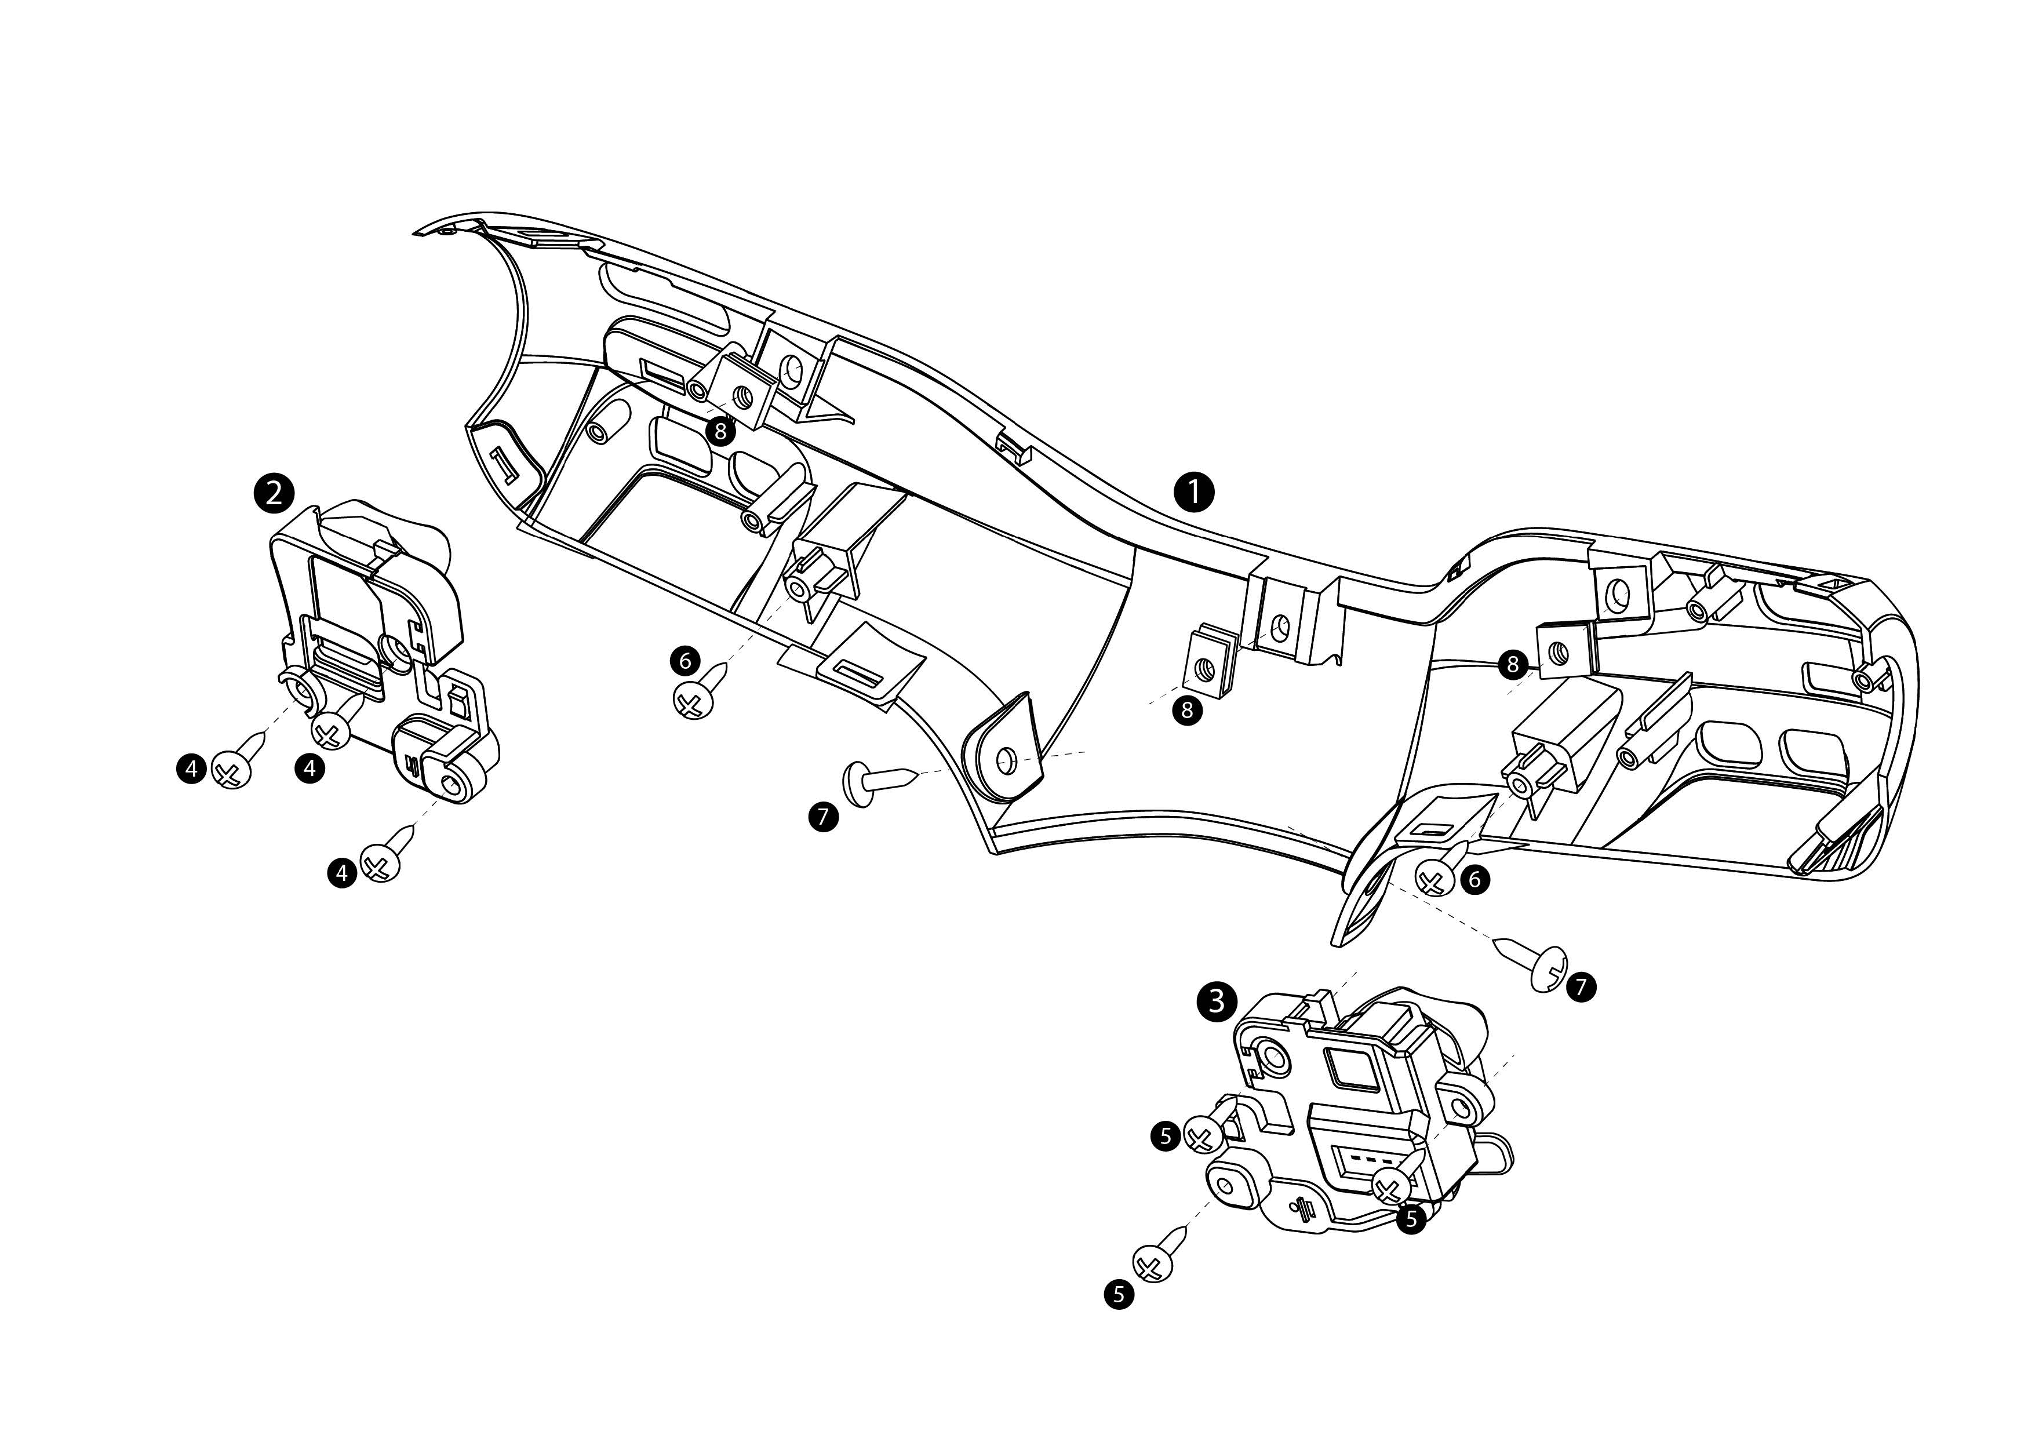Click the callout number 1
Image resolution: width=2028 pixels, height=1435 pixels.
click(x=1194, y=491)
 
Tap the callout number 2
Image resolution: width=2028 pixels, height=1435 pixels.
click(x=274, y=492)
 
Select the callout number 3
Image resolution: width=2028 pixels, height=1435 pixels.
click(x=1216, y=1001)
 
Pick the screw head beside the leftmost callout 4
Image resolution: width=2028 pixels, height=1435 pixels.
click(x=231, y=770)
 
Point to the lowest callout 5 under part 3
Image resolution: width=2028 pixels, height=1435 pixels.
click(x=1119, y=1295)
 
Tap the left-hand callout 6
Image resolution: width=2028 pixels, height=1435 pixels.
click(x=685, y=660)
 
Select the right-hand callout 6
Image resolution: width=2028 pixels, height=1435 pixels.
click(x=1474, y=879)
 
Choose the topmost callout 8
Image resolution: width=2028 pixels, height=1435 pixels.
click(x=721, y=431)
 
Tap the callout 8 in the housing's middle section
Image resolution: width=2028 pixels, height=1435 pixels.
click(x=1187, y=709)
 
